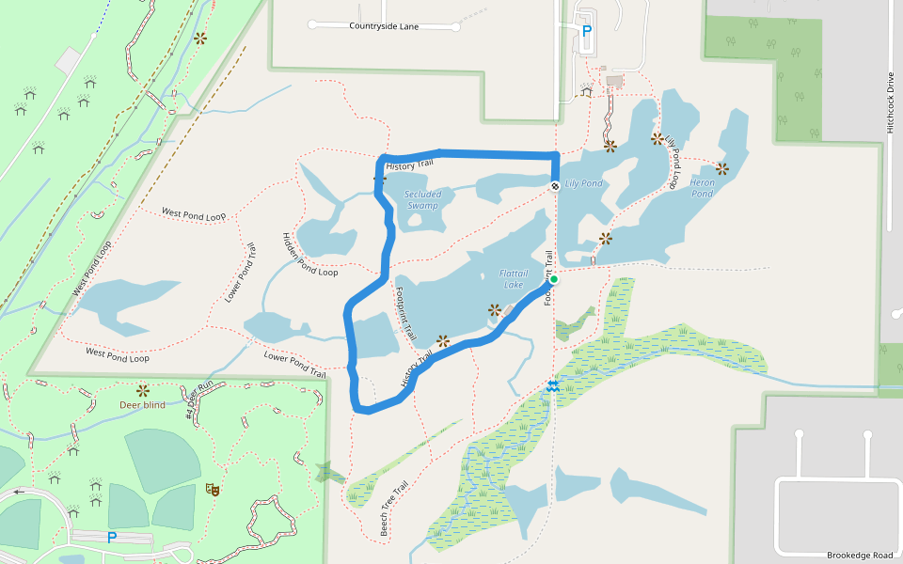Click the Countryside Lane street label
384,26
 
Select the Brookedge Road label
860,556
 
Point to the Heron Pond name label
703,187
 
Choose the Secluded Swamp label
422,199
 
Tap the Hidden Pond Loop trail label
309,255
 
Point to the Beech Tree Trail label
393,509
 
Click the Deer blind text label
142,405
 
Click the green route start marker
554,279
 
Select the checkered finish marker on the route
555,185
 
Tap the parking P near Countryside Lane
587,30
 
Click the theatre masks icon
213,489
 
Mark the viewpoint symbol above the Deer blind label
143,389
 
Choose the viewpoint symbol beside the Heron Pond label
721,169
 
